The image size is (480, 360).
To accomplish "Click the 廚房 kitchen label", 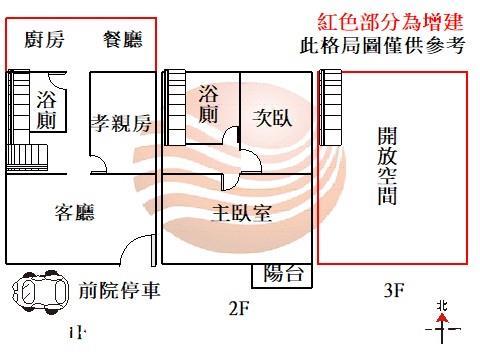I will pyautogui.click(x=44, y=40).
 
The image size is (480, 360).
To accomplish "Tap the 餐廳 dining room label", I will pyautogui.click(x=123, y=40).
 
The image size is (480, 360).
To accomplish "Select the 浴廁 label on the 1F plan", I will pyautogui.click(x=46, y=110).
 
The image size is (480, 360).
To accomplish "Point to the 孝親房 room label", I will pyautogui.click(x=121, y=123).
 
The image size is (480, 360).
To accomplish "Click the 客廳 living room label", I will pyautogui.click(x=74, y=212).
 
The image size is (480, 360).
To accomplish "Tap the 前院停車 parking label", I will pyautogui.click(x=120, y=291).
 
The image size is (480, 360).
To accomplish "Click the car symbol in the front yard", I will pyautogui.click(x=37, y=291).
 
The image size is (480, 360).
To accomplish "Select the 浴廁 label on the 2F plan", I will pyautogui.click(x=208, y=104).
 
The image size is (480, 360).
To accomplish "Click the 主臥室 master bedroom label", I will pyautogui.click(x=244, y=213).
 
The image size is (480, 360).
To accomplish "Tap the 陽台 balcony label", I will pyautogui.click(x=282, y=274).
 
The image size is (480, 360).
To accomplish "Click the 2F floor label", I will pyautogui.click(x=237, y=308).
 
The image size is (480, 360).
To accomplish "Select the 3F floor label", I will pyautogui.click(x=393, y=291).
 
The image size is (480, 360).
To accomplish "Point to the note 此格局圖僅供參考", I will pyautogui.click(x=382, y=45).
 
